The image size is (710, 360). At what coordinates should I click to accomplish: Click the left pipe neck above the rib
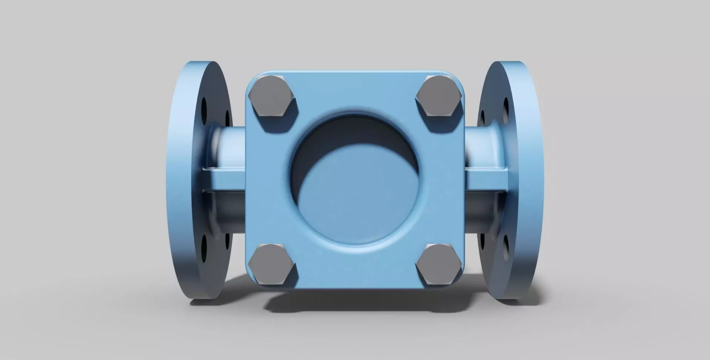click(x=229, y=146)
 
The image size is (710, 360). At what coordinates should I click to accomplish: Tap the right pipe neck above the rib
click(x=479, y=146)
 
